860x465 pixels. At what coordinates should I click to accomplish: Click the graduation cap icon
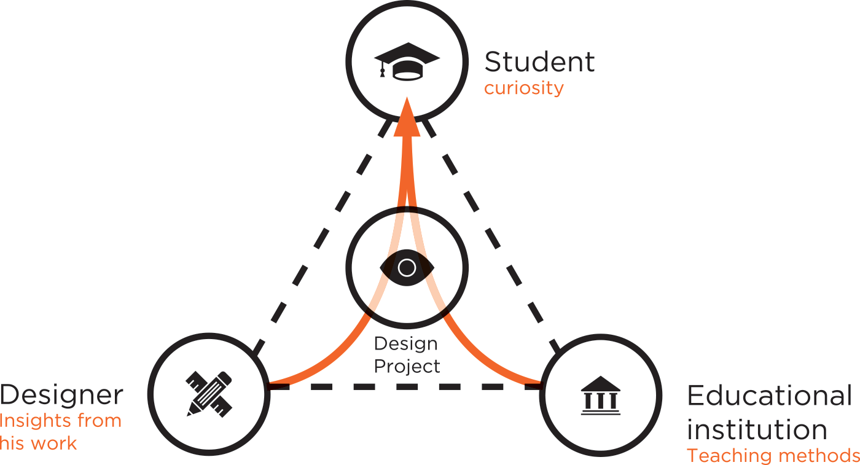point(407,61)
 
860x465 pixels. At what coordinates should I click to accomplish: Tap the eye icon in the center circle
point(407,268)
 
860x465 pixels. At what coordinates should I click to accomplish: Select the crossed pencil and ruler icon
point(209,393)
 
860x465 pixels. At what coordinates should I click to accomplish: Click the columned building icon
point(600,395)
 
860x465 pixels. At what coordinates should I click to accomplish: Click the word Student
point(539,62)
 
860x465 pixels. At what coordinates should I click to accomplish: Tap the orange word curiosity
point(523,88)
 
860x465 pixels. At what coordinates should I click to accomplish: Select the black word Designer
point(61,396)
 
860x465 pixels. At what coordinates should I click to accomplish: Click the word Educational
point(770,396)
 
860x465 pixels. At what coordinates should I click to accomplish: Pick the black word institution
point(757,429)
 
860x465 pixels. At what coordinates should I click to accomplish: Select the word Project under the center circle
point(407,367)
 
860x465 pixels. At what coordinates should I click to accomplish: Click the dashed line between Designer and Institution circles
point(405,387)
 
